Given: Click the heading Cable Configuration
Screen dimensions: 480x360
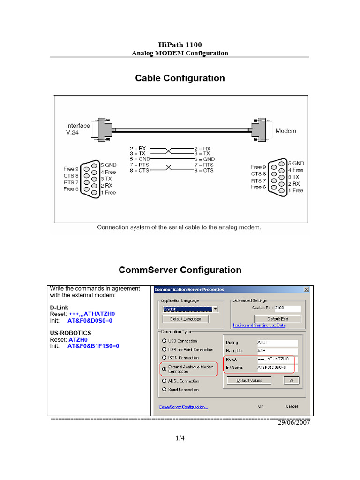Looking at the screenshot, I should click(x=180, y=78).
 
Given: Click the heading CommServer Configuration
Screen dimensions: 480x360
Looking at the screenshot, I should click(x=180, y=270).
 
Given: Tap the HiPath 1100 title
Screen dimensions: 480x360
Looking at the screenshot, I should click(x=180, y=45).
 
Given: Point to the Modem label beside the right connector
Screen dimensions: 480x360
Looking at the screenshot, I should click(x=285, y=131).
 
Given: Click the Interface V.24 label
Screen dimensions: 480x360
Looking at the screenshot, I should click(x=78, y=128).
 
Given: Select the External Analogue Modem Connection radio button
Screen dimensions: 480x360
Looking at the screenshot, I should click(x=164, y=369).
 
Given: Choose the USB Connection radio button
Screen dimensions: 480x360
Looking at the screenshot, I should click(x=164, y=341).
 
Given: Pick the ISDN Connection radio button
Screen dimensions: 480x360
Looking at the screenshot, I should click(x=164, y=358).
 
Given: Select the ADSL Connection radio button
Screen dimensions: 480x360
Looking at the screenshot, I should click(x=164, y=381).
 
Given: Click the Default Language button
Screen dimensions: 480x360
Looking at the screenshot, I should click(x=185, y=319).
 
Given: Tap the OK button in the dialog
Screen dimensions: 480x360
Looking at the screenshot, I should click(x=261, y=406).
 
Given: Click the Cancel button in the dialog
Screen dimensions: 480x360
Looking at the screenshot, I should click(x=292, y=406).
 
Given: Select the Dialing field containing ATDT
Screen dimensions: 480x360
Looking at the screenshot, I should click(x=277, y=343).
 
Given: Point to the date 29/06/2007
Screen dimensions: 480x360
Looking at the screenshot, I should click(x=294, y=422).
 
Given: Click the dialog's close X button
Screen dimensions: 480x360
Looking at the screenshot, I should click(x=307, y=289).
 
